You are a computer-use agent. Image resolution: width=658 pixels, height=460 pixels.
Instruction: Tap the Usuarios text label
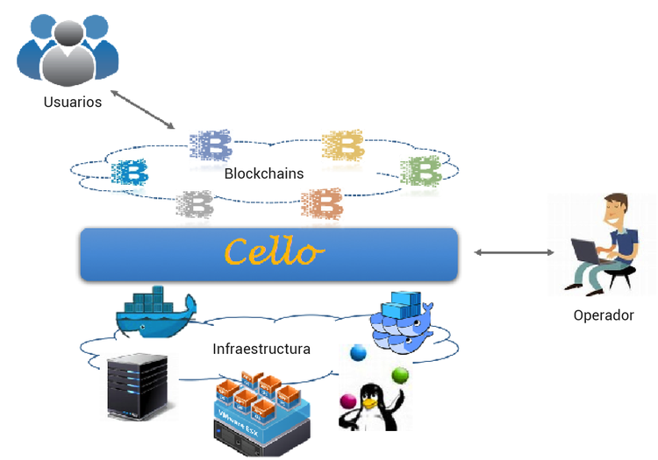pos(73,103)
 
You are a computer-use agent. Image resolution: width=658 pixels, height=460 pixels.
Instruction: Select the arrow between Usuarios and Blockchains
pos(142,109)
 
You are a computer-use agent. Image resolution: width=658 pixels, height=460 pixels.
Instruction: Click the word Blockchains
pos(264,173)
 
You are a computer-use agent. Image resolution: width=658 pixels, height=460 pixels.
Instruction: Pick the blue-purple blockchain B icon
pos(211,145)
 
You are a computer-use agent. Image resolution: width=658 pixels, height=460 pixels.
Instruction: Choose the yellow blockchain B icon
pos(343,145)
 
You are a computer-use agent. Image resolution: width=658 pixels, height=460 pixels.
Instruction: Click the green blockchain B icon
pos(420,170)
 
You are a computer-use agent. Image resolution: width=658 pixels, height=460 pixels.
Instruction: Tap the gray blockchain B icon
pos(195,205)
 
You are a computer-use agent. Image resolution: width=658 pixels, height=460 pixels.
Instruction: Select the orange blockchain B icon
pos(322,204)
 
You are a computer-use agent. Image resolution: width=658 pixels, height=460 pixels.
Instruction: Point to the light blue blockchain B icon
pos(130,173)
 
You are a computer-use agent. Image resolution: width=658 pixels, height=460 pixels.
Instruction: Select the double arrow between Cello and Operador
pos(514,252)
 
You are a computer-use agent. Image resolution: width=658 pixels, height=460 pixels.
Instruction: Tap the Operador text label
pos(603,315)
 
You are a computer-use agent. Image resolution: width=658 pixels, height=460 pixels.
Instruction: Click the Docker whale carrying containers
pos(155,312)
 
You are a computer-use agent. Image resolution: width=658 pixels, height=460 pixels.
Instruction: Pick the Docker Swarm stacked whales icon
pos(402,321)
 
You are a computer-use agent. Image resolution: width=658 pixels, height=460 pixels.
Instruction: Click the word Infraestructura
pos(261,349)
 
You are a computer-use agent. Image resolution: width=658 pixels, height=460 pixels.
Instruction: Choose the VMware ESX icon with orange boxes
pos(263,410)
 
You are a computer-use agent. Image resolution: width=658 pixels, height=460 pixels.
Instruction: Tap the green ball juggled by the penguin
pos(400,375)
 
